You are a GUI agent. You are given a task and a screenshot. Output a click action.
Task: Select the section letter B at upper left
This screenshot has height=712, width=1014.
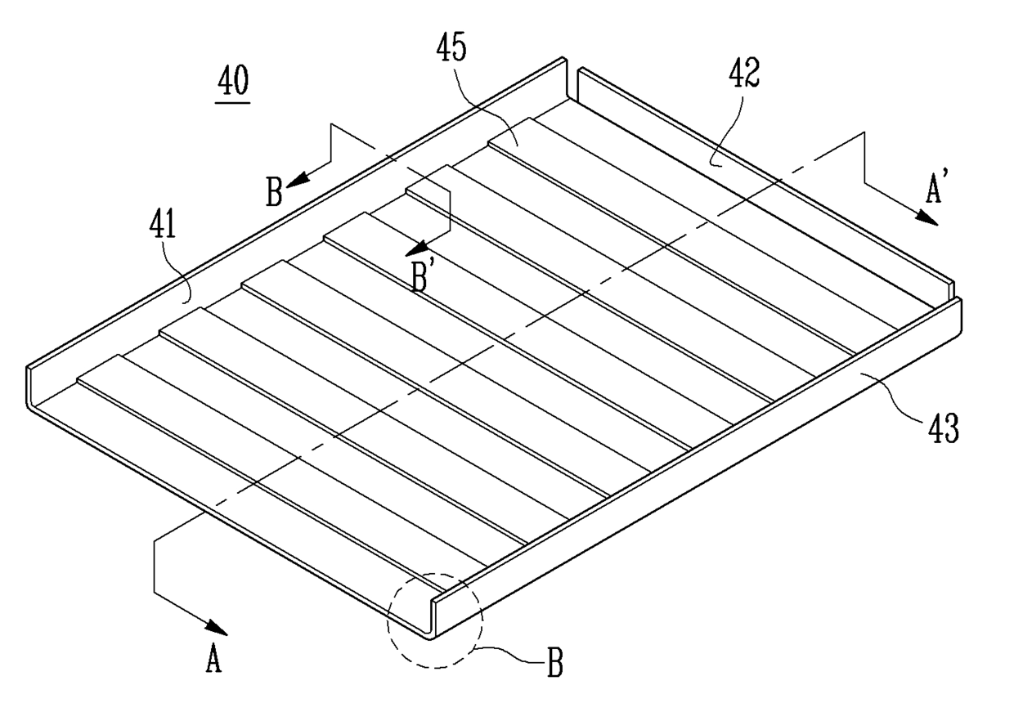pyautogui.click(x=275, y=194)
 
